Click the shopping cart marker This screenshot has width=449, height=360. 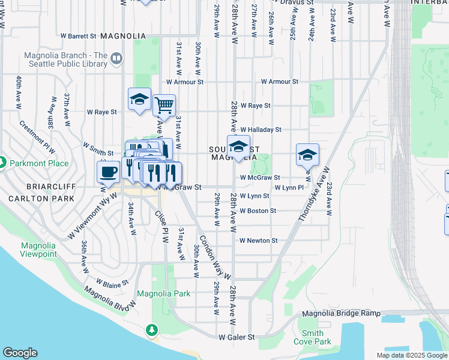tap(164, 106)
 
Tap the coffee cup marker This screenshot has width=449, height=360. tap(109, 172)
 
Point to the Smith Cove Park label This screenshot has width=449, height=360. tap(312, 337)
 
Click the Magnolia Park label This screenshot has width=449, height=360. tap(163, 293)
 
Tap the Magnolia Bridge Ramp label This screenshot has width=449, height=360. tap(341, 313)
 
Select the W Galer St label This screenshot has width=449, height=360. tap(237, 337)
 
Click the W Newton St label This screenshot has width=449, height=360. tap(258, 241)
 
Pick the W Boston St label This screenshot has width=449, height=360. tap(258, 211)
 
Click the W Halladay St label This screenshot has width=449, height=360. tap(261, 130)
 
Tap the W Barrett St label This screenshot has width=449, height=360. tap(78, 36)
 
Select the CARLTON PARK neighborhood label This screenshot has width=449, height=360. tap(37, 198)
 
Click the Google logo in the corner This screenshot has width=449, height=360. tap(20, 353)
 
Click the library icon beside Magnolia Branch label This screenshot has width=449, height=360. tap(116, 59)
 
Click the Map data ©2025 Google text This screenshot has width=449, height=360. tap(411, 355)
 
